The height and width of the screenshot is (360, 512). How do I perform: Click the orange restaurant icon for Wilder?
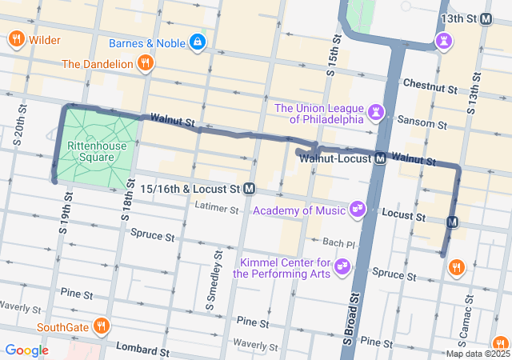(16, 39)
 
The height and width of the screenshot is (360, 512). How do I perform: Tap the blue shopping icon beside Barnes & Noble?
(198, 41)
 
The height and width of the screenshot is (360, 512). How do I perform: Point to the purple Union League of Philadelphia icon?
(376, 114)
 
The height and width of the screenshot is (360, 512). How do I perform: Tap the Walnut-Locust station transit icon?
(381, 158)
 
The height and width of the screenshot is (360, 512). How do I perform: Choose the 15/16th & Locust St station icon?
(250, 189)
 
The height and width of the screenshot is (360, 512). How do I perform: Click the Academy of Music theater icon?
(358, 210)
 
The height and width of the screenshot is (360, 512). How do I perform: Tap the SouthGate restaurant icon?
(101, 326)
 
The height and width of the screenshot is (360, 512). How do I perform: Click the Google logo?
(26, 350)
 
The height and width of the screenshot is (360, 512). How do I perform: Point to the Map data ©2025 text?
(478, 354)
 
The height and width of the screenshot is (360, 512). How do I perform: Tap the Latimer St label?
(217, 210)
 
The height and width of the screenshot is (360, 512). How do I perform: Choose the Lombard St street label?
(145, 350)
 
